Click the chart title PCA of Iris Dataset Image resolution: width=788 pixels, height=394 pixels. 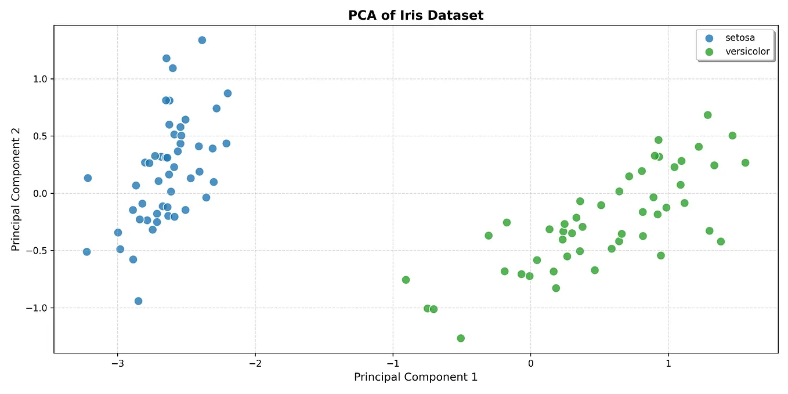[415, 16]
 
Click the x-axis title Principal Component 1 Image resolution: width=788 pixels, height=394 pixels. [415, 377]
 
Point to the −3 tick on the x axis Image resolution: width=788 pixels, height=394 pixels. [117, 363]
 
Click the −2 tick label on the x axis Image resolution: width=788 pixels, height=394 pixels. [255, 363]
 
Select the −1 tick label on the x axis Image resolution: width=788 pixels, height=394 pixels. [392, 363]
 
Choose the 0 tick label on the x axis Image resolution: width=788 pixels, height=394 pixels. [530, 363]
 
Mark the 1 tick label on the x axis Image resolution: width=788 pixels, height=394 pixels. [668, 363]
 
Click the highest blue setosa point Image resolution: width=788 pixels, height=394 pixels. [202, 40]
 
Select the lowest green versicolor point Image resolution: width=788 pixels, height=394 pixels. [461, 338]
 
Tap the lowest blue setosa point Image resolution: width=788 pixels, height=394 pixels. [138, 301]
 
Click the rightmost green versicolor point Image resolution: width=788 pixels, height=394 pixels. [745, 162]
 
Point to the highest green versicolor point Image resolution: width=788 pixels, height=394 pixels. [707, 115]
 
